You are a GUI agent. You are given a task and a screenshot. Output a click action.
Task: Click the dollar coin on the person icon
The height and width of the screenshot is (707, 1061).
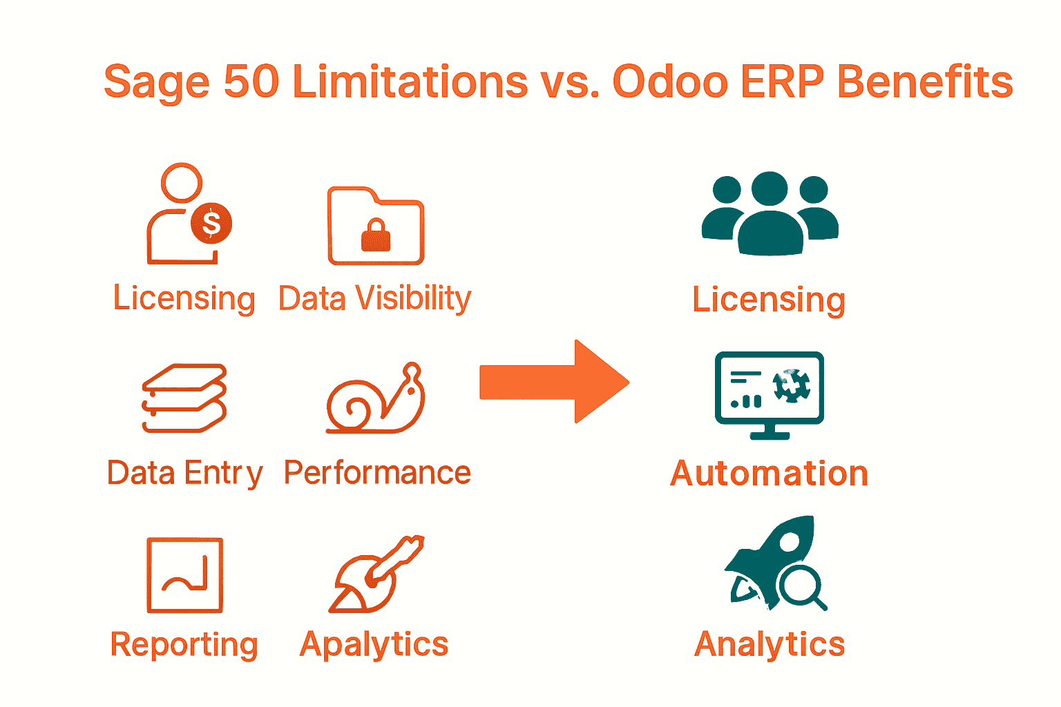pos(211,223)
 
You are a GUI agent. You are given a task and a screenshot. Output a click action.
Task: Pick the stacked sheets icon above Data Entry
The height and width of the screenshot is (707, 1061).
pos(184,398)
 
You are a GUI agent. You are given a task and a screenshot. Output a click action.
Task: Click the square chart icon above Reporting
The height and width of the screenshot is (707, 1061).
pos(184,575)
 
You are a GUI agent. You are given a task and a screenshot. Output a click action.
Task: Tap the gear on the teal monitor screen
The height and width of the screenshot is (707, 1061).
pos(791,385)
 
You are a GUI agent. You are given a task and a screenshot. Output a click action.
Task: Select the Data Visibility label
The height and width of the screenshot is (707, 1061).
pos(374,299)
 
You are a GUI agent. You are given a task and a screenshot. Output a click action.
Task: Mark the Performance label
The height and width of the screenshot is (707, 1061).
pos(377,473)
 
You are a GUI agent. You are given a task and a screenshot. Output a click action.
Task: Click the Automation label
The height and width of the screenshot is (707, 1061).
pos(769,474)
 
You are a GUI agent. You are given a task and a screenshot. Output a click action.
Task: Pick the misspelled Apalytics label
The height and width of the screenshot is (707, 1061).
pos(374,645)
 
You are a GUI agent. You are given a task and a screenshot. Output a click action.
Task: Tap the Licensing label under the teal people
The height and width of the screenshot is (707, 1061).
pos(769,300)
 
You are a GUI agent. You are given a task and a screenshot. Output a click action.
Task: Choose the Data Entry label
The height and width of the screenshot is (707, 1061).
pos(185,474)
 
